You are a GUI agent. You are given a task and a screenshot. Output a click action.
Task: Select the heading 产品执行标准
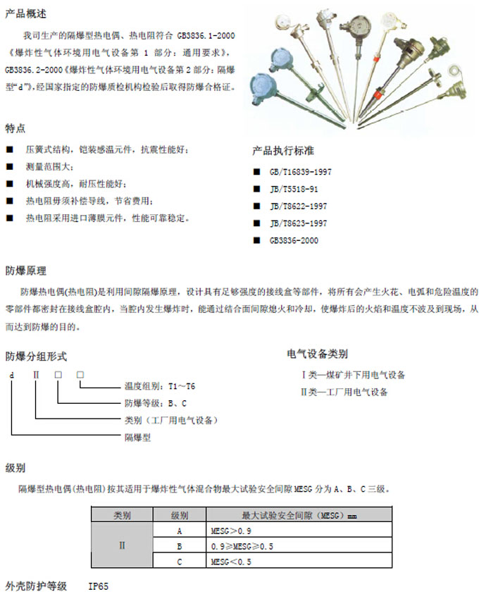[x=283, y=151]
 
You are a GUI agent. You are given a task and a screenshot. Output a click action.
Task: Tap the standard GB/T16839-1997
[x=300, y=172]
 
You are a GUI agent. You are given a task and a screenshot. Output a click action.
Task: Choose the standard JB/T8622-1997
[x=298, y=206]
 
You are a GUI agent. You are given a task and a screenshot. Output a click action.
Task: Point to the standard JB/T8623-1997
[x=298, y=223]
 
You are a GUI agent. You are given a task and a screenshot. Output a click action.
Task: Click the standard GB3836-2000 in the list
[x=294, y=240]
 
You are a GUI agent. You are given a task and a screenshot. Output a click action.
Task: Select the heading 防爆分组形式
[x=36, y=355]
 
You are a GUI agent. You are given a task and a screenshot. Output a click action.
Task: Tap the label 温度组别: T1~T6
[x=160, y=386]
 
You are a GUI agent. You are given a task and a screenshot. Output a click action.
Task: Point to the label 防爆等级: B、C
[x=155, y=403]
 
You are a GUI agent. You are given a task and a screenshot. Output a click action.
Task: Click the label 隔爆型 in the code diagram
[x=138, y=437]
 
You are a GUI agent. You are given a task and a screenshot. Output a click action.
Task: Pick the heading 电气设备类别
[x=317, y=354]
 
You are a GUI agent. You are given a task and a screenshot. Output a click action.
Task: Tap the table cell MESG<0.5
[x=231, y=562]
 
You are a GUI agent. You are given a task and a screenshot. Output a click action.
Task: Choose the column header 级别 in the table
[x=180, y=515]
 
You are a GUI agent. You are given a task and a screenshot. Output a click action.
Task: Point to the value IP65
[x=99, y=586]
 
